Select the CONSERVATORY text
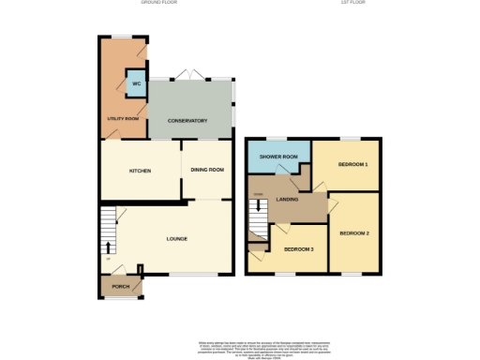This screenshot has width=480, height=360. (187, 121)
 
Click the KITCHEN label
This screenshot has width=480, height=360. (141, 170)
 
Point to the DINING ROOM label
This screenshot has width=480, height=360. (207, 170)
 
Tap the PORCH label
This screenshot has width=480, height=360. (120, 286)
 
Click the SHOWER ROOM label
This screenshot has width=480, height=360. (278, 157)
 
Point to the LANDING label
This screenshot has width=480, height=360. (289, 200)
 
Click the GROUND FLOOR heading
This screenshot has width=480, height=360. (159, 4)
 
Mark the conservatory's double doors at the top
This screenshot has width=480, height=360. (191, 76)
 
